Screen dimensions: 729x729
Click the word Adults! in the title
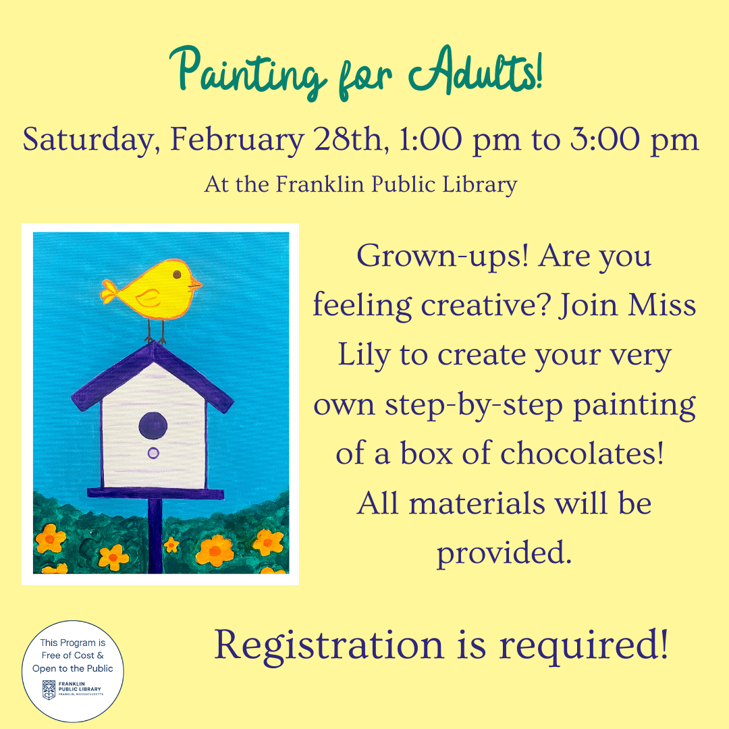[476, 71]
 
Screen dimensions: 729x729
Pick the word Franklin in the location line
[320, 184]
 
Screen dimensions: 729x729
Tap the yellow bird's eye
[177, 274]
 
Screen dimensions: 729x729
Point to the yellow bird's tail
[110, 291]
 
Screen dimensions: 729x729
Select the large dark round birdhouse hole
[153, 425]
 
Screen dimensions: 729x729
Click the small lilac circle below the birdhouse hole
[153, 453]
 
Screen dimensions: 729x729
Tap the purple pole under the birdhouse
[155, 535]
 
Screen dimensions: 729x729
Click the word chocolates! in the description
[582, 453]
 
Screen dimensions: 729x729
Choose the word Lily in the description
[364, 356]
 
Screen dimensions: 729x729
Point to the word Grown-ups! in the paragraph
[443, 256]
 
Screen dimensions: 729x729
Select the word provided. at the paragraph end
[504, 553]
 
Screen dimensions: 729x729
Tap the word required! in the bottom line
[583, 645]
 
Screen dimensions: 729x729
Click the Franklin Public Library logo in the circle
[72, 689]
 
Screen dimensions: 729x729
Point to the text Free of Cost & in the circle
[72, 655]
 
